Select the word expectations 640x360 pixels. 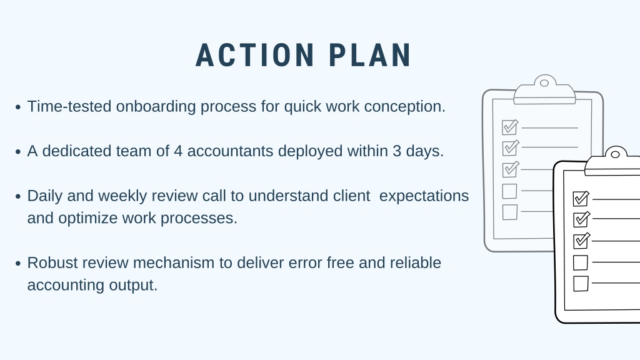point(424,196)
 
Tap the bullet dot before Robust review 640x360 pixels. point(18,263)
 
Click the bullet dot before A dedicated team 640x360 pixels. point(18,152)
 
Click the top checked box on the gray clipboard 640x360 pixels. point(510,127)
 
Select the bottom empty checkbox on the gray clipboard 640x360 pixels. point(510,212)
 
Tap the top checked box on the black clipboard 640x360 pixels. point(581,199)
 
